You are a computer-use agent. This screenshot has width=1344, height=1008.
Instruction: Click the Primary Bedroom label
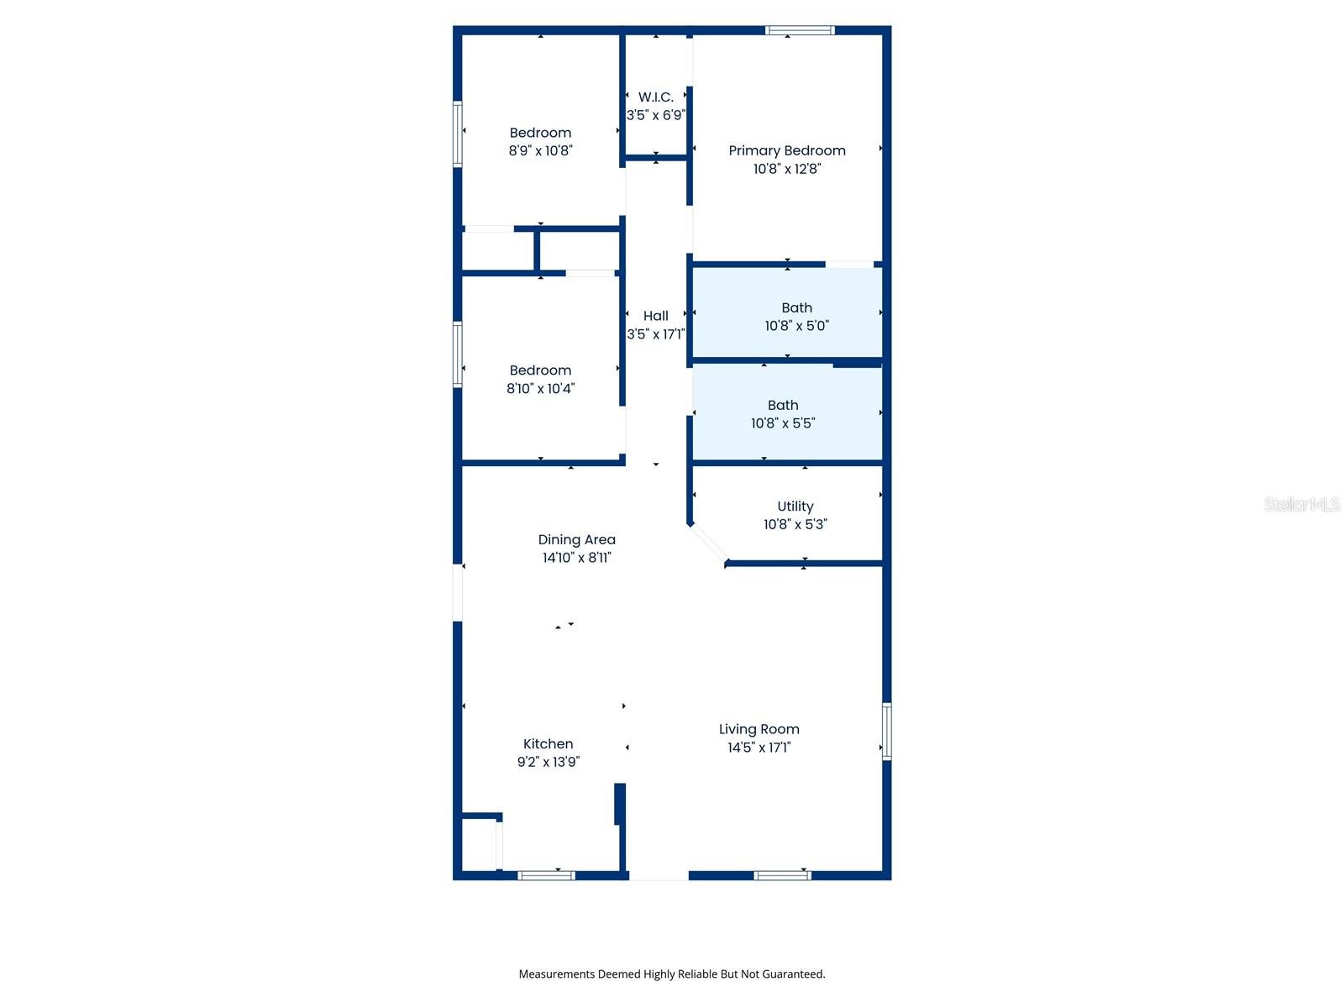(x=786, y=150)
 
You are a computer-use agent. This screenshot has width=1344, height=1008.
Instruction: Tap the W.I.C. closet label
(x=656, y=97)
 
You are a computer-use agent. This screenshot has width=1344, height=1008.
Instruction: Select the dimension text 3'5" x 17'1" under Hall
(x=656, y=334)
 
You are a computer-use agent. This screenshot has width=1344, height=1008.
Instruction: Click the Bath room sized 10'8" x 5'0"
(x=796, y=316)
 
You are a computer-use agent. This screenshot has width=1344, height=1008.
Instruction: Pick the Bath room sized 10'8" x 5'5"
(x=783, y=414)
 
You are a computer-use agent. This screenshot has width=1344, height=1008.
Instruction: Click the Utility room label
(x=795, y=507)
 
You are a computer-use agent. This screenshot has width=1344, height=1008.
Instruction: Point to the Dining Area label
(x=576, y=539)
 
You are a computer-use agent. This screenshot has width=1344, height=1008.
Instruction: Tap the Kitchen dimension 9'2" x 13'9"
(x=548, y=762)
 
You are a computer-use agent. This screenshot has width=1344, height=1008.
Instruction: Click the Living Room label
(x=759, y=729)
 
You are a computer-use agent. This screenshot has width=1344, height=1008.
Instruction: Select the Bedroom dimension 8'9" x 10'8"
(x=540, y=151)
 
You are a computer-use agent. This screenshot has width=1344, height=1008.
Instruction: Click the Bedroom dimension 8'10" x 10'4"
(x=540, y=389)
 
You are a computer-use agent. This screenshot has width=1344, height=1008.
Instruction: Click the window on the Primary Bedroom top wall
(x=800, y=31)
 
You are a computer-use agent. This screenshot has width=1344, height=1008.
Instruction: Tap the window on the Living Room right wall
(x=886, y=732)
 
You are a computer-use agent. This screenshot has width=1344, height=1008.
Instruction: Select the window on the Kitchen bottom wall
(x=546, y=875)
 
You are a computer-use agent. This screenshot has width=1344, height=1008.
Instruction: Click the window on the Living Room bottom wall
(x=782, y=875)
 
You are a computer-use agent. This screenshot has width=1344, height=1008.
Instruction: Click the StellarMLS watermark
(x=1301, y=504)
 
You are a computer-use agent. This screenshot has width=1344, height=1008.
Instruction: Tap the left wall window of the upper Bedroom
(x=458, y=134)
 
